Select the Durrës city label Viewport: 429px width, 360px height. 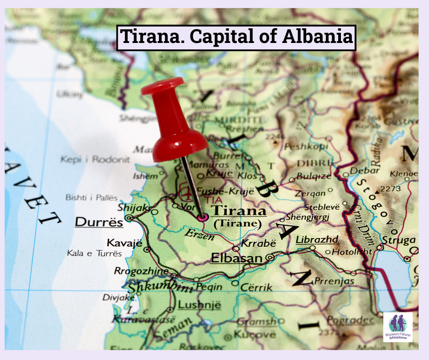99,222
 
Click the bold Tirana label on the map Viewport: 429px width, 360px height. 240,212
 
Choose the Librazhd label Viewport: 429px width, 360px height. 317,239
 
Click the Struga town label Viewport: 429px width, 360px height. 399,240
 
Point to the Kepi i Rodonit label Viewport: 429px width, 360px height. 95,159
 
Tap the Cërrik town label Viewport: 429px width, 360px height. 256,287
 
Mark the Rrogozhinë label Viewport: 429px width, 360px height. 141,271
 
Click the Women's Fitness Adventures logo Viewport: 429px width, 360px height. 398,327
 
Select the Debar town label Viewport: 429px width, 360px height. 365,171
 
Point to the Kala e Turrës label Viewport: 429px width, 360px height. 94,253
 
